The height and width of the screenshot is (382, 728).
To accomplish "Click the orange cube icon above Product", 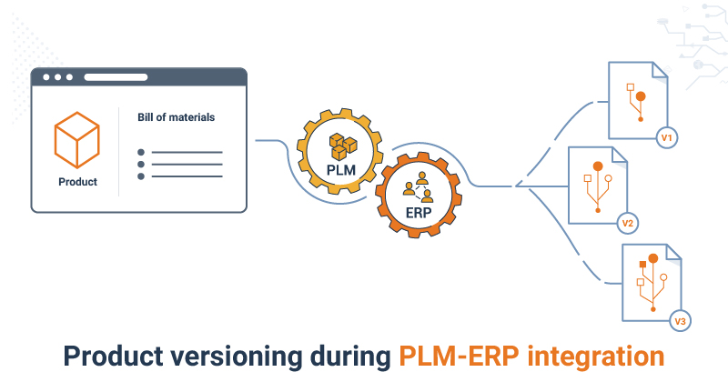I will [76, 137].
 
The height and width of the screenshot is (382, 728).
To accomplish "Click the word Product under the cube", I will [76, 182].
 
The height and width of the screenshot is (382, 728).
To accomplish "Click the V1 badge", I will [666, 138].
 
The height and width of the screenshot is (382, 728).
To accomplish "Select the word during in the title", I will [345, 356].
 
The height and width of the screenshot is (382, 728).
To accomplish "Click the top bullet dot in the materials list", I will [140, 153].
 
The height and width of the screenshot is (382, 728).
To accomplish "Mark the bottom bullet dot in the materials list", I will [140, 176].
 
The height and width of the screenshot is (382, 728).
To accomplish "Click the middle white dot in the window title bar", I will [57, 77].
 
